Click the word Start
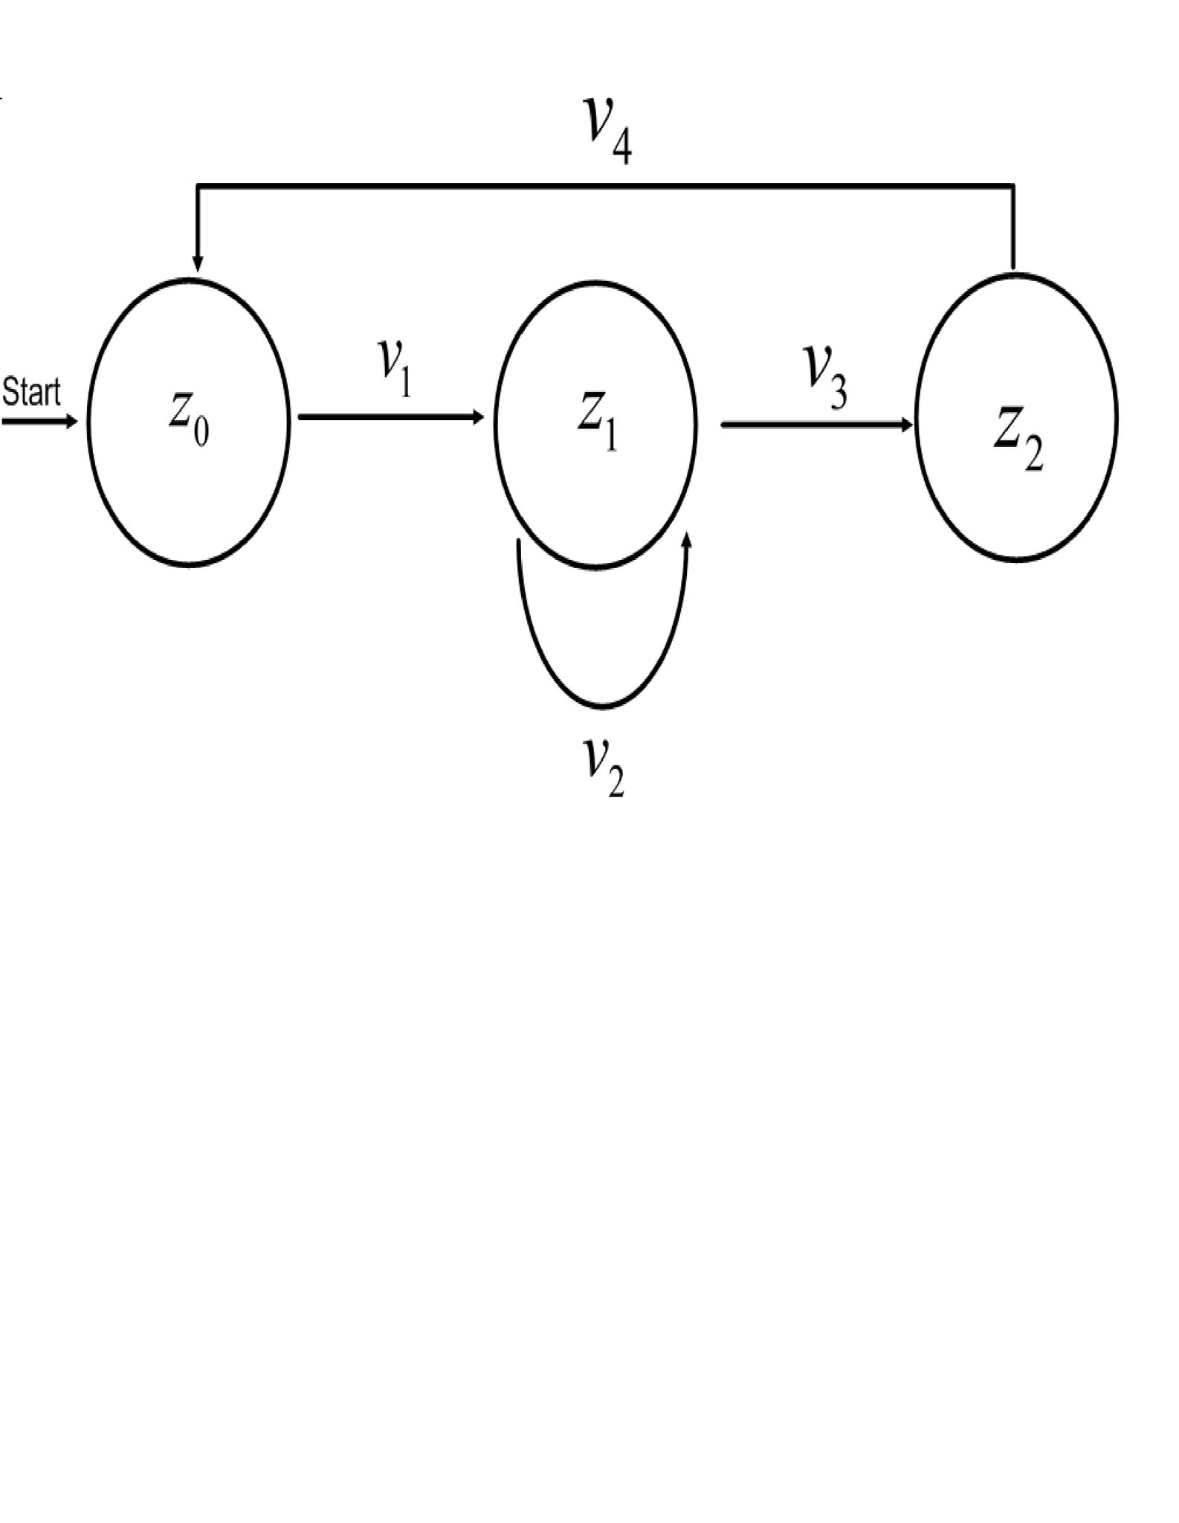pyautogui.click(x=31, y=392)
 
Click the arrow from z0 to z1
pyautogui.click(x=390, y=417)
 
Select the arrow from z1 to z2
pyautogui.click(x=816, y=425)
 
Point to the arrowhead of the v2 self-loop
pyautogui.click(x=686, y=541)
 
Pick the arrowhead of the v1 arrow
pyautogui.click(x=478, y=417)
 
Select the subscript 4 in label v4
pyautogui.click(x=621, y=148)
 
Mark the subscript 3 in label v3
pyautogui.click(x=838, y=392)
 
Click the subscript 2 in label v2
pyautogui.click(x=616, y=782)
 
